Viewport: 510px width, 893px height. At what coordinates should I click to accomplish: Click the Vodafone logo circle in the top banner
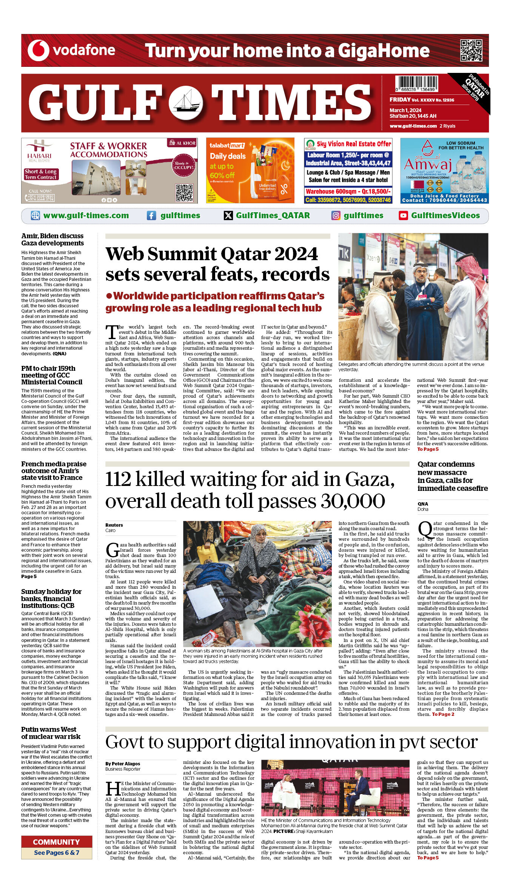pyautogui.click(x=39, y=50)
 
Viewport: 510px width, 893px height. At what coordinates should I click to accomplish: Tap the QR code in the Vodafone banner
pyautogui.click(x=471, y=50)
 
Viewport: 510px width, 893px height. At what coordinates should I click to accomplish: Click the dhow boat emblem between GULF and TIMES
pyautogui.click(x=185, y=103)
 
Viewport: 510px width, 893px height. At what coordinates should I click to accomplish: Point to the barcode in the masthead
pyautogui.click(x=416, y=84)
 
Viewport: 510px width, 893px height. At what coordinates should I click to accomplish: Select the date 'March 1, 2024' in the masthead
pyautogui.click(x=405, y=110)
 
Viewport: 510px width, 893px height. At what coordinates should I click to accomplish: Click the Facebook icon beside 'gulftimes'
pyautogui.click(x=151, y=216)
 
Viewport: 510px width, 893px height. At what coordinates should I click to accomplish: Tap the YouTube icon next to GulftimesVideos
pyautogui.click(x=403, y=216)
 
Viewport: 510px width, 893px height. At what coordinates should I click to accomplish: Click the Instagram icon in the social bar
pyautogui.click(x=336, y=216)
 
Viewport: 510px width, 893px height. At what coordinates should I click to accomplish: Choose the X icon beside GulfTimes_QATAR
pyautogui.click(x=228, y=216)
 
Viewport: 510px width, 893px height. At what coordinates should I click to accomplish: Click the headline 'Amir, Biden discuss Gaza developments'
pyautogui.click(x=52, y=239)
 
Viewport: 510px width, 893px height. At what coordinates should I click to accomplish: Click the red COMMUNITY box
pyautogui.click(x=57, y=842)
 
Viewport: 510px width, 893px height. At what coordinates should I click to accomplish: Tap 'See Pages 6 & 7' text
pyautogui.click(x=57, y=853)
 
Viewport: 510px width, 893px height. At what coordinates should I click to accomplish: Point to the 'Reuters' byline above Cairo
pyautogui.click(x=114, y=525)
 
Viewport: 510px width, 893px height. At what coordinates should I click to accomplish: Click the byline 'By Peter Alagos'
pyautogui.click(x=123, y=763)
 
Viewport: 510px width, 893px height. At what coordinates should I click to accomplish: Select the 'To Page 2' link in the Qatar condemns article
pyautogui.click(x=443, y=714)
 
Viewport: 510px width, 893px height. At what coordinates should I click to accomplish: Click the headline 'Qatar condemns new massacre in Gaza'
pyautogui.click(x=452, y=476)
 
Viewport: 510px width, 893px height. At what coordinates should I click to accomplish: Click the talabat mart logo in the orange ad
pyautogui.click(x=227, y=145)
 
